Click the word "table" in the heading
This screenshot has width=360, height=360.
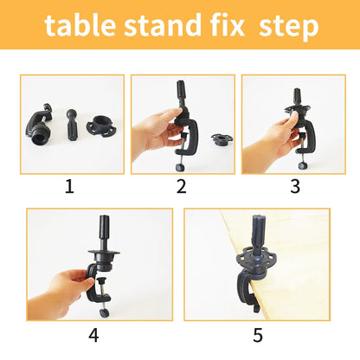pyautogui.click(x=80, y=25)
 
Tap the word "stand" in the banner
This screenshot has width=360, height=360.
pyautogui.click(x=163, y=25)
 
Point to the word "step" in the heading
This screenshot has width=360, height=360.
pyautogui.click(x=288, y=28)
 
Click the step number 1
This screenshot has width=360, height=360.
pyautogui.click(x=69, y=187)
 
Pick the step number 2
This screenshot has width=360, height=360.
pyautogui.click(x=182, y=187)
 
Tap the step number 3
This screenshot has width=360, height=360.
pyautogui.click(x=295, y=187)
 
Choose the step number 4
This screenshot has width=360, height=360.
pyautogui.click(x=93, y=335)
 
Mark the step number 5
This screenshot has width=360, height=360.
pyautogui.click(x=258, y=335)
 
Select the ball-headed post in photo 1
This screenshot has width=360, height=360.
pyautogui.click(x=71, y=125)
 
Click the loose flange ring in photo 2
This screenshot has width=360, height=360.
pyautogui.click(x=222, y=139)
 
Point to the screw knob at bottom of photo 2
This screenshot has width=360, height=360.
pyautogui.click(x=180, y=167)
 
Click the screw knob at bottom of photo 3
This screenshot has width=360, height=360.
pyautogui.click(x=302, y=165)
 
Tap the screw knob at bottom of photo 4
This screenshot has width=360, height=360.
pyautogui.click(x=104, y=312)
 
